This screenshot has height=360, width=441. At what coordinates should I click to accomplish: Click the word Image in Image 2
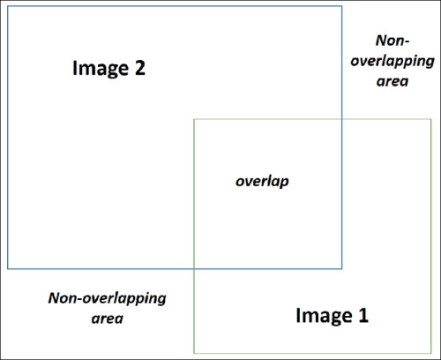tap(101, 69)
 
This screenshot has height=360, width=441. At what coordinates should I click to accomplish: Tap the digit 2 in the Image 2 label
tap(140, 68)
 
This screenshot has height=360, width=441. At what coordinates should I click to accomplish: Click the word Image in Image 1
tap(324, 316)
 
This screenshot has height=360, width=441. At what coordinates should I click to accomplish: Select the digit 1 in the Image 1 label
tap(363, 315)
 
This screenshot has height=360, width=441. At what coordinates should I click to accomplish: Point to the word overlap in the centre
tap(262, 181)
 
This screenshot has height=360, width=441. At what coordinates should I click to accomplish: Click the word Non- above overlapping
tap(392, 41)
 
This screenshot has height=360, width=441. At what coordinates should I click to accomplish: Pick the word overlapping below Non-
tap(392, 62)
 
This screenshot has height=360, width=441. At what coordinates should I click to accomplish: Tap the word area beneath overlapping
tap(392, 81)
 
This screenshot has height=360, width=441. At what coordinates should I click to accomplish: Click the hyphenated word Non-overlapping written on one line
tap(107, 298)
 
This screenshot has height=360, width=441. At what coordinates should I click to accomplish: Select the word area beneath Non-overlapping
tap(108, 319)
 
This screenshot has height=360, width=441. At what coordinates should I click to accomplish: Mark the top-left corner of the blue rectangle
tap(8, 6)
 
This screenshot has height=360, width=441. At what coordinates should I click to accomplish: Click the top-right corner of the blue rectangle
tap(341, 6)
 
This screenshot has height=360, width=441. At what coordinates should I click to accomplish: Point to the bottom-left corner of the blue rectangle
tap(8, 268)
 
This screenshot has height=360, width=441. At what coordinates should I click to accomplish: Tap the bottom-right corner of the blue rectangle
tap(341, 268)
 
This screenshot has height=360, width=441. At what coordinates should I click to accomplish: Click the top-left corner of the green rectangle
tap(194, 119)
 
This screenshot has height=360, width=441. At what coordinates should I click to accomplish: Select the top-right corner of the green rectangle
tap(431, 119)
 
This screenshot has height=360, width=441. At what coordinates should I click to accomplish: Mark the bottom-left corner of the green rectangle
tap(194, 353)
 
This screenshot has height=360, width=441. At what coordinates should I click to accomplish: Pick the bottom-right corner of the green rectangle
tap(431, 353)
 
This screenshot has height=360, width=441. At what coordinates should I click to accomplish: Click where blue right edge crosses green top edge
tap(341, 119)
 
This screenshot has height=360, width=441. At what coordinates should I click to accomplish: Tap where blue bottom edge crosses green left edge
tap(194, 268)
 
